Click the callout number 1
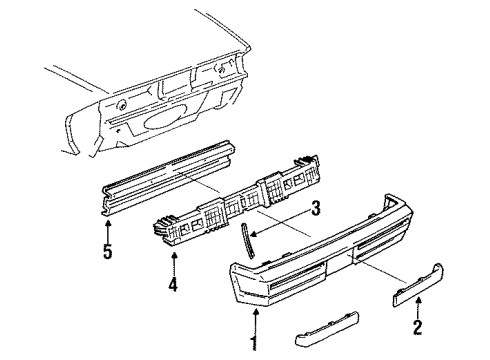tap(253, 344)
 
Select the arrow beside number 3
tap(265, 221)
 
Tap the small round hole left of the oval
tap(120, 103)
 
